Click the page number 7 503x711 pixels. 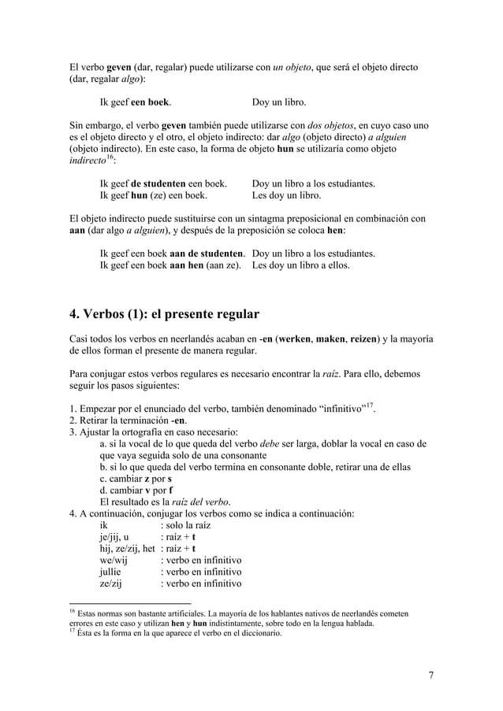click(431, 675)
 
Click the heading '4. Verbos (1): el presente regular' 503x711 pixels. click(164, 315)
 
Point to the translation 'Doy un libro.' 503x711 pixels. click(279, 102)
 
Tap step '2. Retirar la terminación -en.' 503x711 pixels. click(129, 419)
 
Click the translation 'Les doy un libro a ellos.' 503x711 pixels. click(301, 266)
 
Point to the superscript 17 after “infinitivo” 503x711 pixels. click(366, 404)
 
